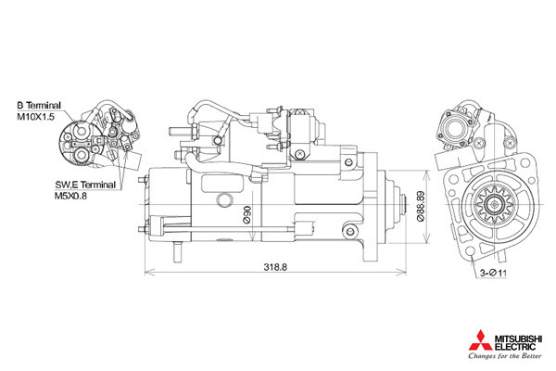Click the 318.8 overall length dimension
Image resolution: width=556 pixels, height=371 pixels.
point(275,267)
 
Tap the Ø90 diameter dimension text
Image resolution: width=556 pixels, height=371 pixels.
point(246,214)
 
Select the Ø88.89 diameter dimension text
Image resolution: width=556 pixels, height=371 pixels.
point(421,206)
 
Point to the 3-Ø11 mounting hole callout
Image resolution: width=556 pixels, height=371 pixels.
point(494,273)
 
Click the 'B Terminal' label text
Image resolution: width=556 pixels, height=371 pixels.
point(39,105)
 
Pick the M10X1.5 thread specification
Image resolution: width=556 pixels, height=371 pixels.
point(36,117)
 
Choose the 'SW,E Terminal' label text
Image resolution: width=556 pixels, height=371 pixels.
point(85,185)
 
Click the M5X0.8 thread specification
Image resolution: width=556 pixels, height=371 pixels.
point(70,196)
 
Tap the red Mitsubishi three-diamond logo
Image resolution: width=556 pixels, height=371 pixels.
point(480,340)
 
